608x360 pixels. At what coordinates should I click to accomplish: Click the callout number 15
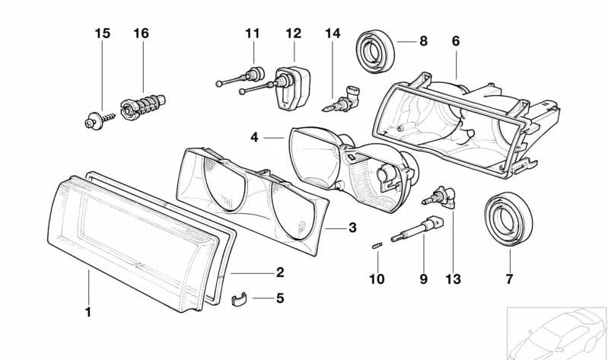102,33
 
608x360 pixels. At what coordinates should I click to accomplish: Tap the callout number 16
141,33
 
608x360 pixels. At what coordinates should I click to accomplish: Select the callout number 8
423,41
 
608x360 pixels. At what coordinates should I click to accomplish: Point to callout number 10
377,279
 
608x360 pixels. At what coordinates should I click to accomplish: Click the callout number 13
453,279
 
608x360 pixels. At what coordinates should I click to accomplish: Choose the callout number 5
279,298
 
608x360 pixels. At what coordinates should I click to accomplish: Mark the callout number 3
352,227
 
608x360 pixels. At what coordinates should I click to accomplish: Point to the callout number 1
88,311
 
